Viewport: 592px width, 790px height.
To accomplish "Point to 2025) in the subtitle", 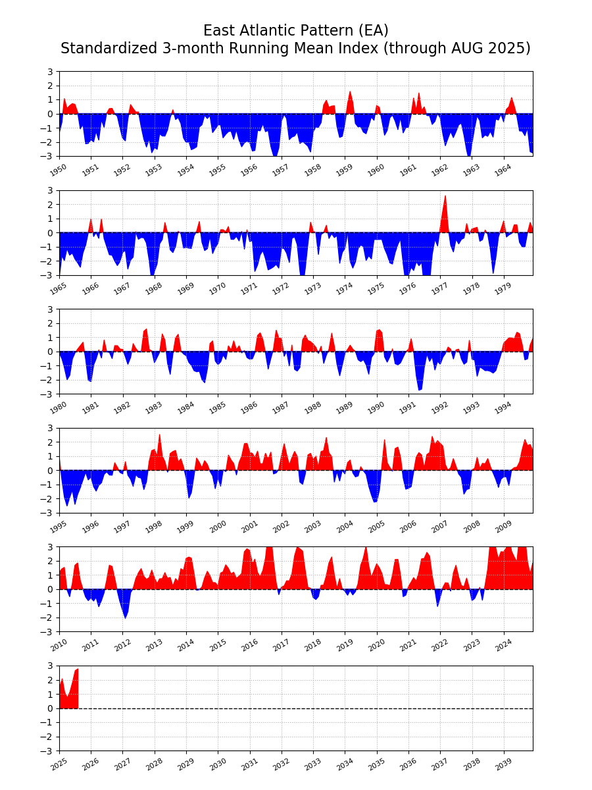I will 509,49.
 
